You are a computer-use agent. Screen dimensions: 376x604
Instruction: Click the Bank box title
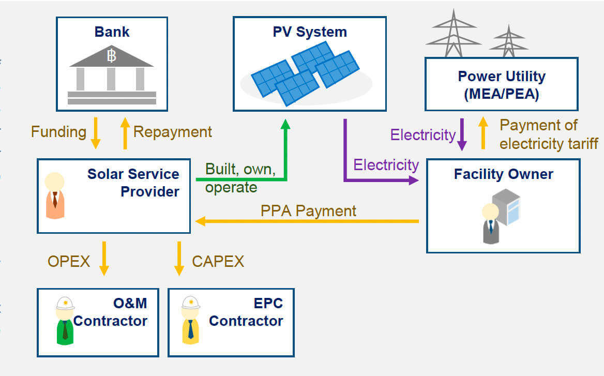[112, 32]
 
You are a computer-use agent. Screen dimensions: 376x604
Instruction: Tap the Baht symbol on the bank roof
[112, 56]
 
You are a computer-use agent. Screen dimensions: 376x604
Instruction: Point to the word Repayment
[172, 132]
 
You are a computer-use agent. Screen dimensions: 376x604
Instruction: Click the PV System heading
[310, 32]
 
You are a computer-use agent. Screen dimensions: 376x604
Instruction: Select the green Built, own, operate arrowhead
[285, 126]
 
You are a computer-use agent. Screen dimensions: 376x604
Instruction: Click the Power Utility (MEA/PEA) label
[501, 85]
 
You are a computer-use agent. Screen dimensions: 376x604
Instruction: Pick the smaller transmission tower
[508, 41]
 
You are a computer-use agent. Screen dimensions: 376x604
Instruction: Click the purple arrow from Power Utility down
[462, 134]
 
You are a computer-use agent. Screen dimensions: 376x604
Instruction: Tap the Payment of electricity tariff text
[548, 134]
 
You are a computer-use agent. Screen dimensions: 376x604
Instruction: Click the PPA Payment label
[308, 211]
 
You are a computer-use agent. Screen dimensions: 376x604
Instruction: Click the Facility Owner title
[503, 174]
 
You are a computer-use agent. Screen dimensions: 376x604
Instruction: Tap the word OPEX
[69, 262]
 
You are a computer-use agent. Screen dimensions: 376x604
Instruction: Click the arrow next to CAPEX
[179, 259]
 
